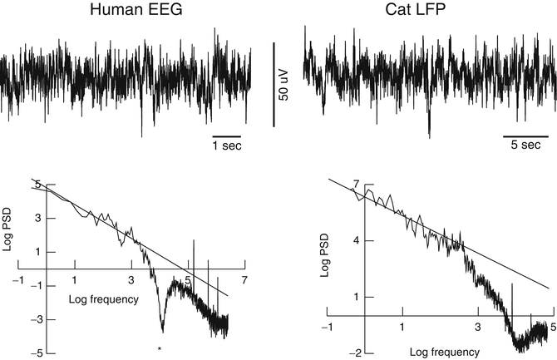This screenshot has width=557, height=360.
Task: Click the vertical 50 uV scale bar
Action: pyautogui.click(x=274, y=84)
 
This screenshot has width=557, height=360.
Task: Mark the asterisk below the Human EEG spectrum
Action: pyautogui.click(x=159, y=337)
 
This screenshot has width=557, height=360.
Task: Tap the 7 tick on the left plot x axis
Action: pyautogui.click(x=245, y=281)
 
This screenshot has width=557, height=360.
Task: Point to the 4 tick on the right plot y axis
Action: pyautogui.click(x=356, y=240)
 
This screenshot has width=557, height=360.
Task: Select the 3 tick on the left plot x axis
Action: pyautogui.click(x=131, y=281)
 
